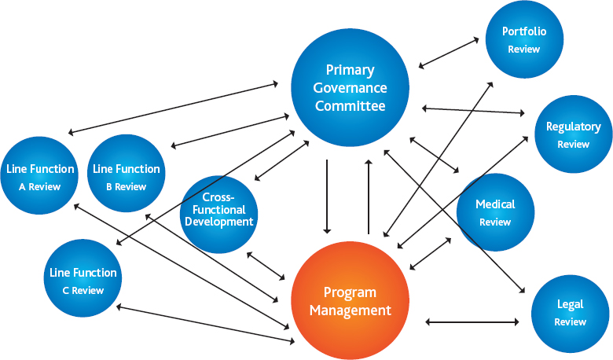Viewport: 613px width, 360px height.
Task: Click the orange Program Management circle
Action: click(350, 300)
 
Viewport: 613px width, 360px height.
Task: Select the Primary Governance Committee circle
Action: click(350, 87)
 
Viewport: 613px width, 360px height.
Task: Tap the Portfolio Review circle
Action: click(524, 39)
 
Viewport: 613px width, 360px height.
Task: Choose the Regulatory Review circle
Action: click(573, 134)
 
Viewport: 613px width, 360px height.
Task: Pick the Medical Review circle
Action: click(495, 212)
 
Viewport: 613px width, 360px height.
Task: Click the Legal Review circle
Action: click(570, 314)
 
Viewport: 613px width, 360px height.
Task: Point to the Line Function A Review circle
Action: click(39, 175)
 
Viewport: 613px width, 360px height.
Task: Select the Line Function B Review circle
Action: click(127, 174)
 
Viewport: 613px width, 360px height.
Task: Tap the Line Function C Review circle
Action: click(83, 278)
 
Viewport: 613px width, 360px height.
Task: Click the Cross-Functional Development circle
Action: click(219, 215)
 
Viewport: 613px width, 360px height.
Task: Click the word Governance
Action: click(350, 88)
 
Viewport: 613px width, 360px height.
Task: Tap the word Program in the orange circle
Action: click(350, 292)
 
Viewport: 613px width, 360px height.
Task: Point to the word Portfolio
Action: click(524, 31)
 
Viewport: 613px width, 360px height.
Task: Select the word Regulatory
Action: click(574, 127)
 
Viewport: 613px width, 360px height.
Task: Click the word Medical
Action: click(495, 204)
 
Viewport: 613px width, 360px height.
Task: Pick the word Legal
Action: click(571, 304)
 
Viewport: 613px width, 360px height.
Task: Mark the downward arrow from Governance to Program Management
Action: click(327, 197)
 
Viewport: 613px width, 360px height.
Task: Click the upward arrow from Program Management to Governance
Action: click(369, 197)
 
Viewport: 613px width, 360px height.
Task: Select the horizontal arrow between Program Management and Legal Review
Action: click(472, 321)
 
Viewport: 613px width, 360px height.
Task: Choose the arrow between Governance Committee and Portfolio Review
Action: click(449, 53)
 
